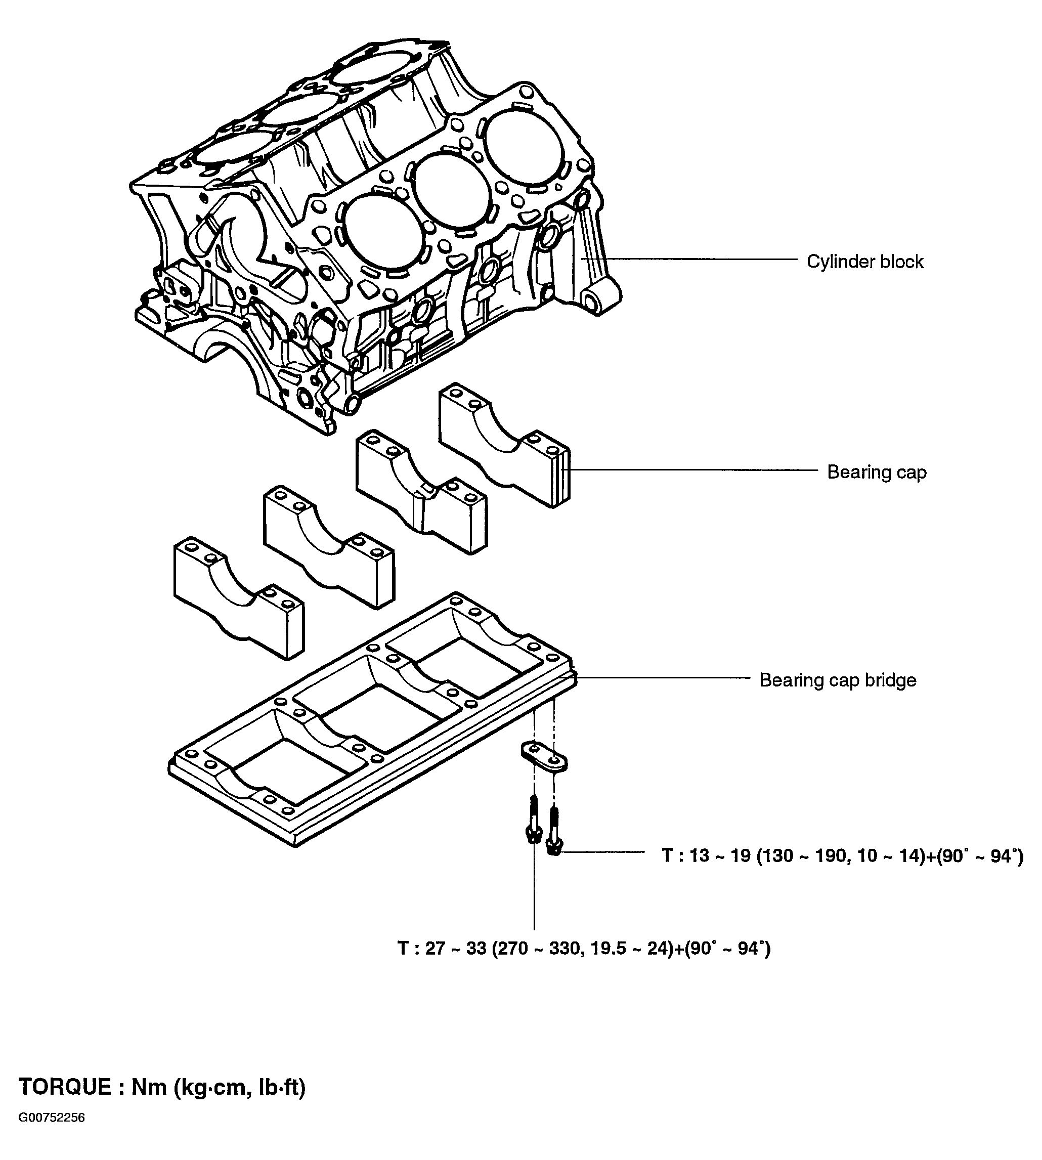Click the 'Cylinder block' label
865,262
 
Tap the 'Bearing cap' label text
877,472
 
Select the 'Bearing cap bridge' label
838,680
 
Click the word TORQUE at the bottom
65,1087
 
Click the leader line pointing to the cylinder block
689,259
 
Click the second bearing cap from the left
329,547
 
